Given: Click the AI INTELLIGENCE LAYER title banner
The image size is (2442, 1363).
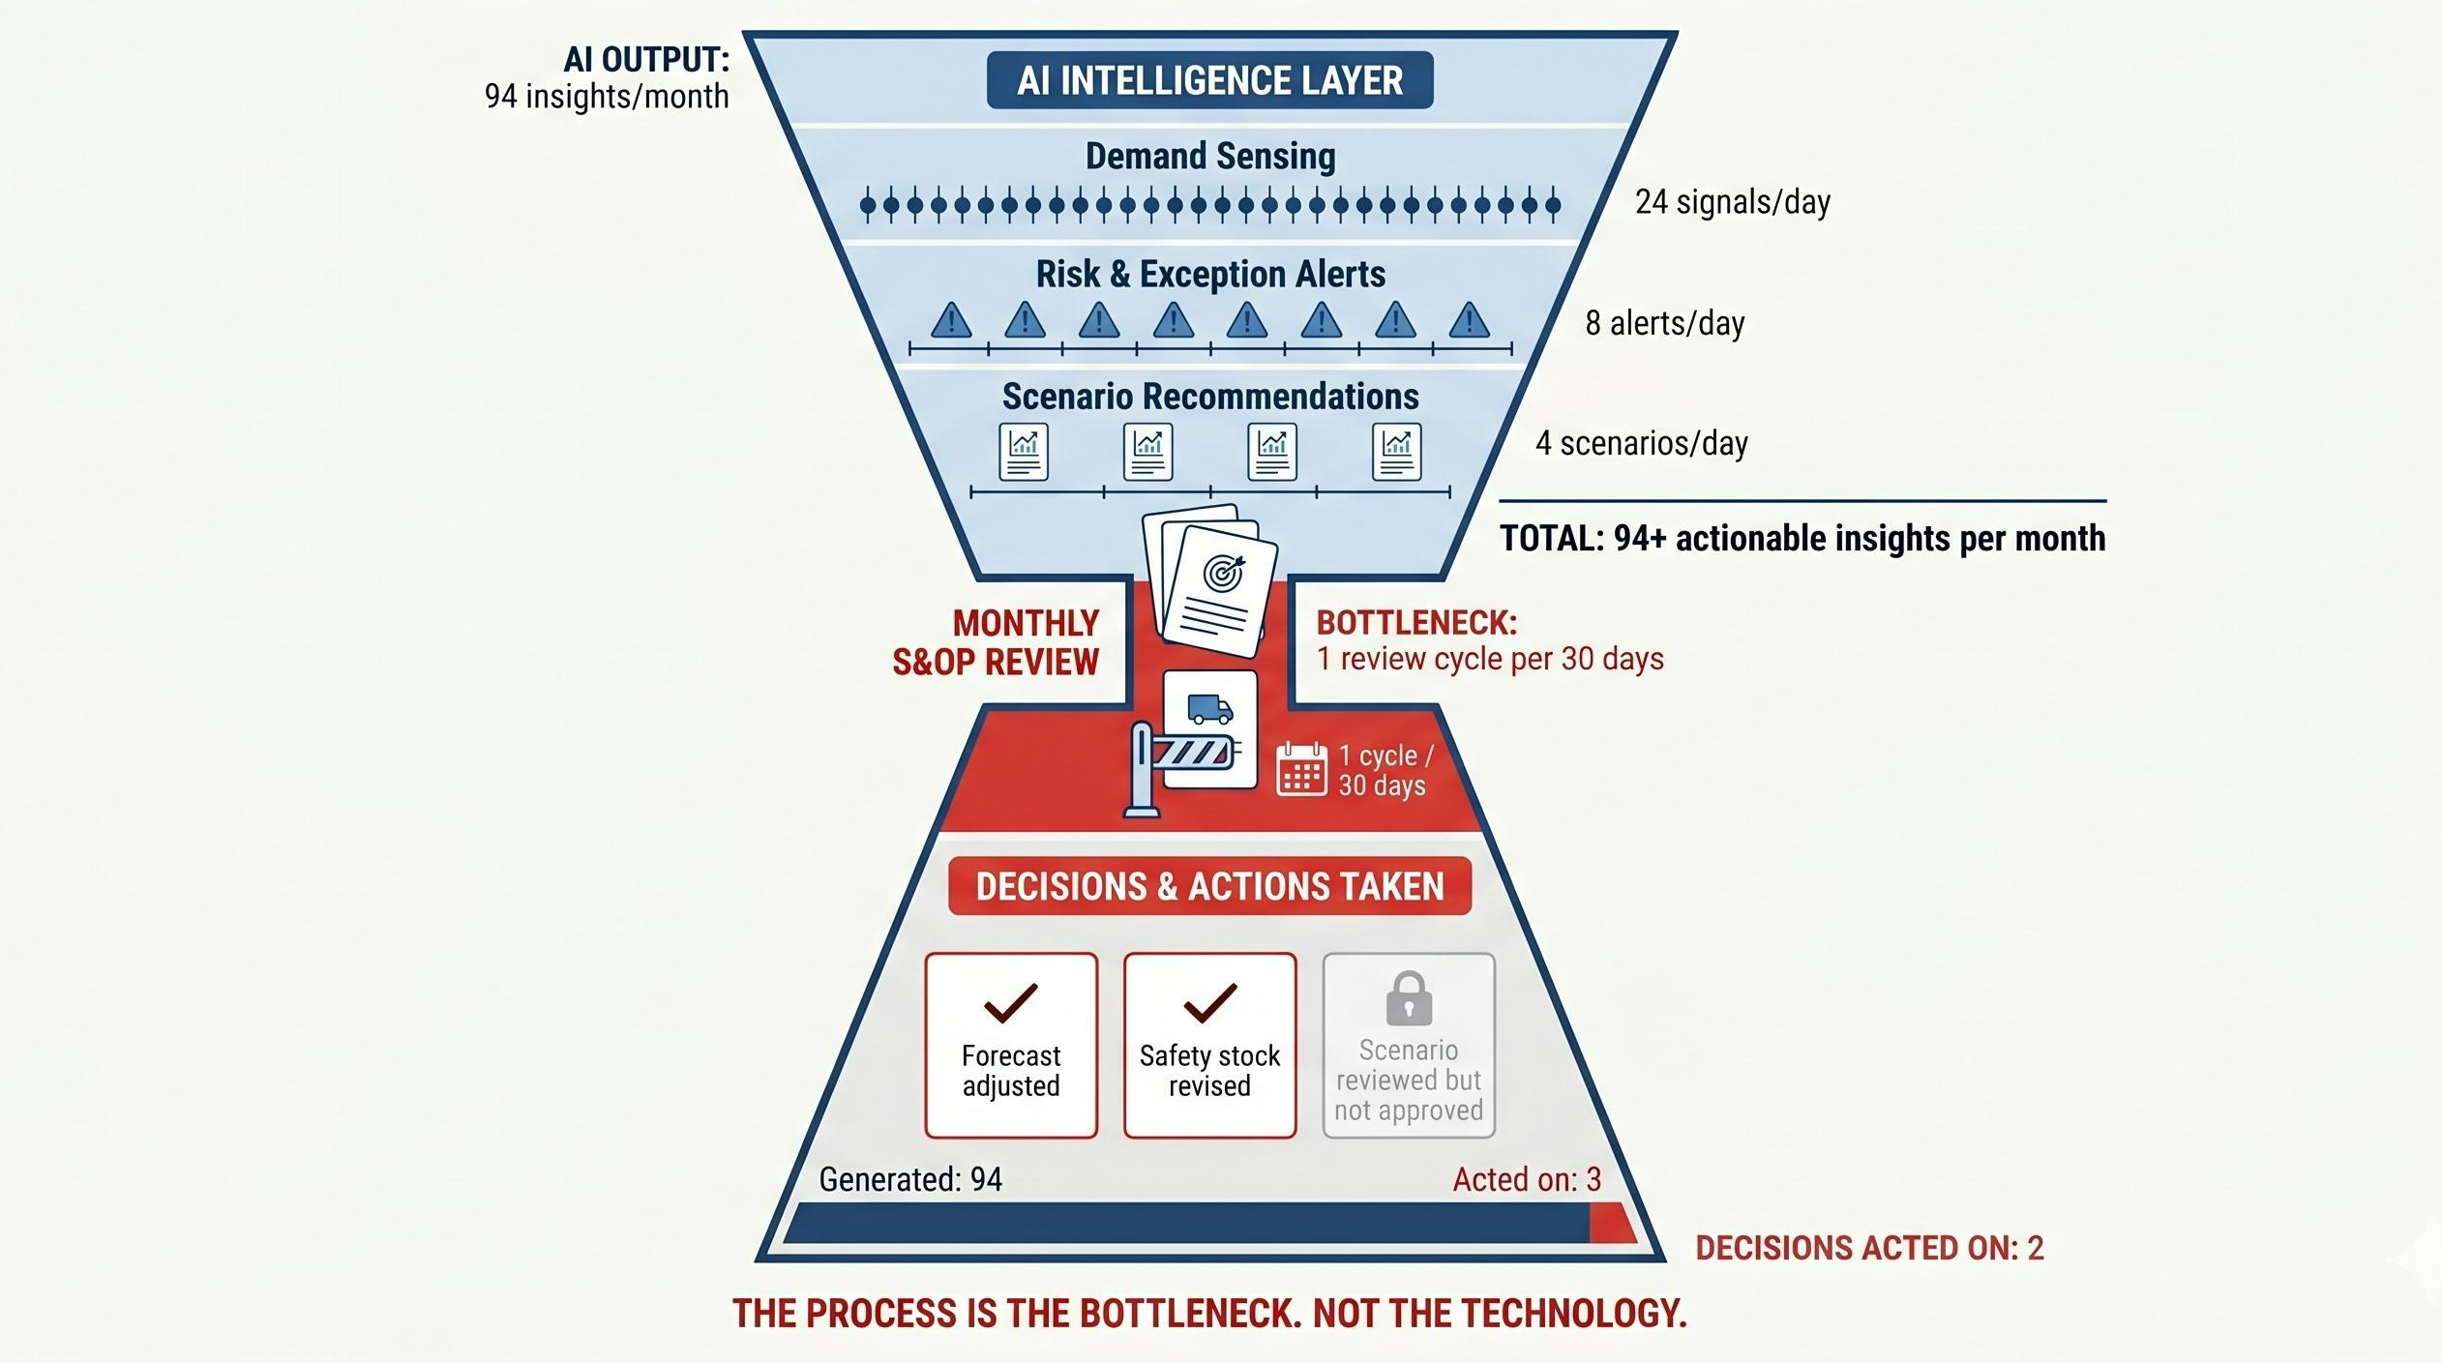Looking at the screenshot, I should point(1209,80).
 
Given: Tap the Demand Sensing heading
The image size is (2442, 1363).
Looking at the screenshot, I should point(1209,156).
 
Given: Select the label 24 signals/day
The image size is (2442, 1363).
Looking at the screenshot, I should point(1732,202).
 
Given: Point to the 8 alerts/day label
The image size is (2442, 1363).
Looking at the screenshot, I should point(1664,323).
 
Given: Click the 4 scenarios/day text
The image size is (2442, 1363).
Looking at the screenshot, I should point(1641,444).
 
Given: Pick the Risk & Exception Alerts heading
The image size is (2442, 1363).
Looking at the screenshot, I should point(1209,275).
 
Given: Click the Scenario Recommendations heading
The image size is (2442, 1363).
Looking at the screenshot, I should point(1209,397).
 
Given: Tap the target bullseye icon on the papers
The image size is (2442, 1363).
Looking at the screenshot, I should point(1223,574).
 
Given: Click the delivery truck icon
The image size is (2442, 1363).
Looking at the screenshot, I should point(1209,709).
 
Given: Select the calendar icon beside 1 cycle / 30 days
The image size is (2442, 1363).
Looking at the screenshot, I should point(1301,770).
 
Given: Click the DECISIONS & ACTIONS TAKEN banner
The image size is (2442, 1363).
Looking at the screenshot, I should point(1209,886).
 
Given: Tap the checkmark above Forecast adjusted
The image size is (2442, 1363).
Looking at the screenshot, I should point(1011,1003).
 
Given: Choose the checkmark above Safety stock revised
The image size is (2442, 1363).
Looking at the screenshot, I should point(1209,1003).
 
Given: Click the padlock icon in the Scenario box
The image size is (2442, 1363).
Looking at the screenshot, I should point(1409,998).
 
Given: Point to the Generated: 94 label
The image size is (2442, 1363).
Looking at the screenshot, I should point(909,1179).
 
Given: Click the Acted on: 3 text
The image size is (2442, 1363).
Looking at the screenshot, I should point(1527,1179).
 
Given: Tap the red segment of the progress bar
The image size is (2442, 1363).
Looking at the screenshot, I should point(1611,1224).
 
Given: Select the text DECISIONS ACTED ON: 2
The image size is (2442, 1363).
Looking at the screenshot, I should point(1869,1248).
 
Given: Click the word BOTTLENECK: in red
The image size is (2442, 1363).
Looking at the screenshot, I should point(1416,623).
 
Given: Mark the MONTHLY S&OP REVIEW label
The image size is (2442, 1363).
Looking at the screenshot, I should point(997,642).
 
